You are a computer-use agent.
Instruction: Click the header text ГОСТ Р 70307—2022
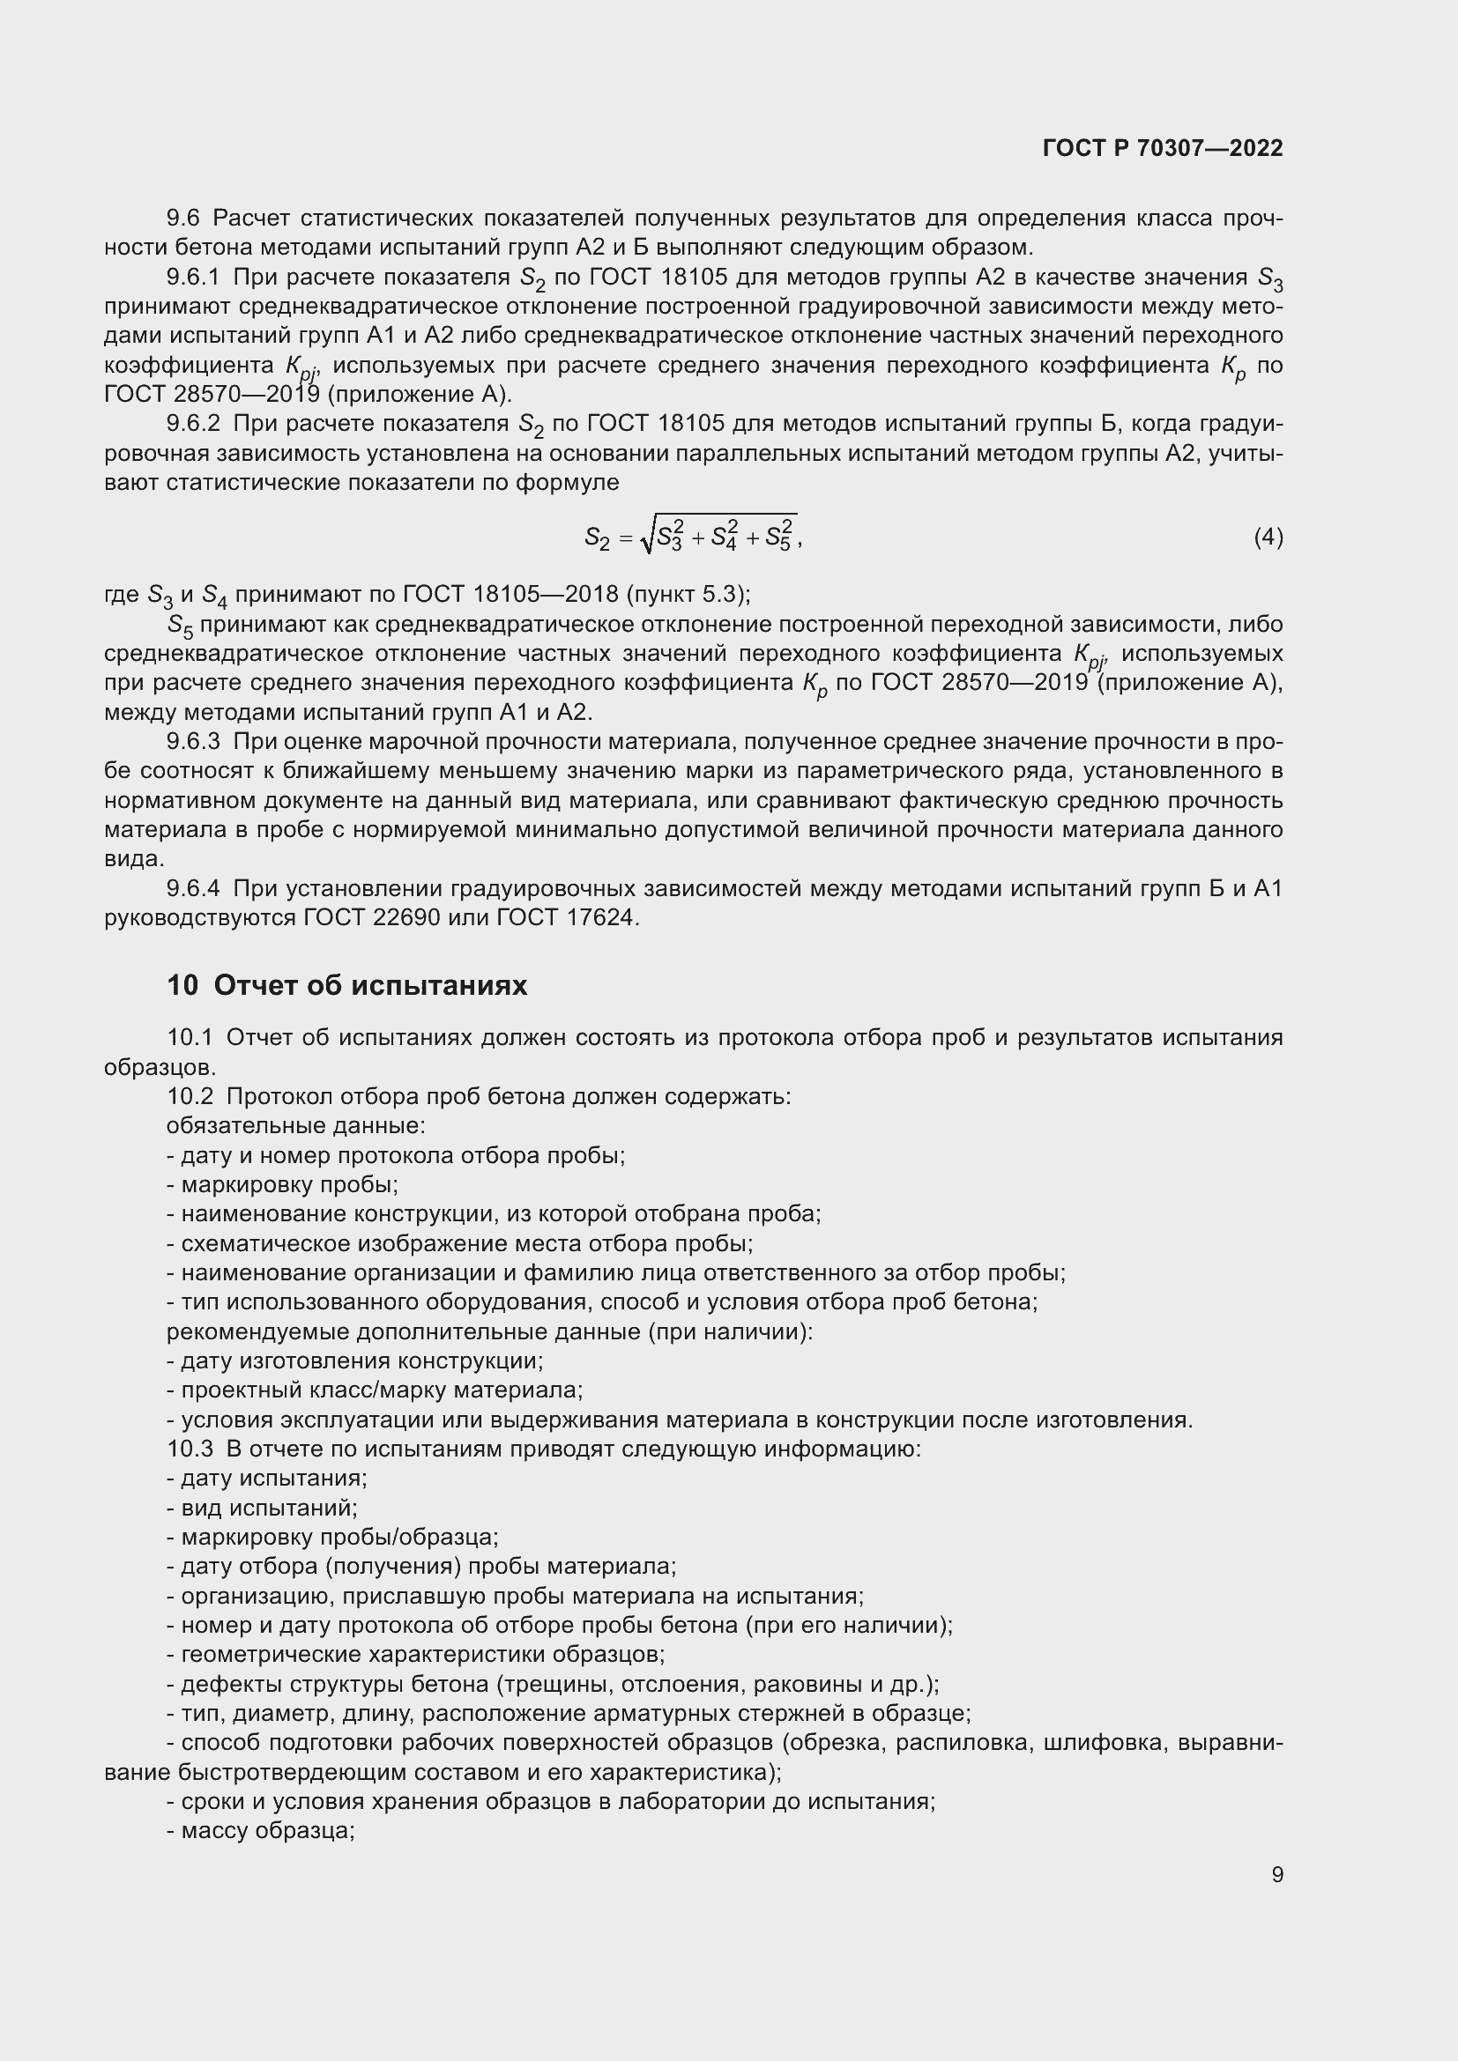point(1163,149)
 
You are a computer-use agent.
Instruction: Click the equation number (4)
point(1268,537)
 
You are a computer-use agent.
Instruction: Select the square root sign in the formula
point(647,536)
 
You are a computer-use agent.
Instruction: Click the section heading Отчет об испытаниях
point(370,986)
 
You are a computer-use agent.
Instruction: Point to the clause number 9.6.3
point(193,741)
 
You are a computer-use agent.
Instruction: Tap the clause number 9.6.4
point(193,889)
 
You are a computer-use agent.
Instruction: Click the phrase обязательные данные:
point(295,1125)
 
